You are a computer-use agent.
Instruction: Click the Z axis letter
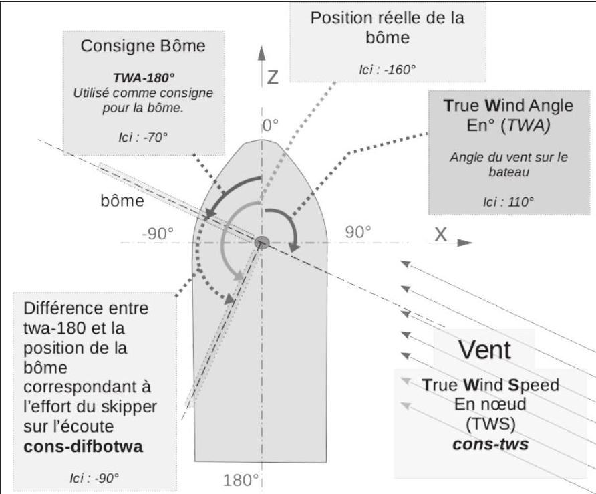(x=273, y=77)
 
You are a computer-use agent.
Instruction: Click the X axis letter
(x=440, y=234)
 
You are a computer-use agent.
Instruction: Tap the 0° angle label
(x=271, y=125)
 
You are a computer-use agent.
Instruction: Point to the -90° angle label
(x=158, y=233)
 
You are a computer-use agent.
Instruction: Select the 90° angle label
(x=358, y=232)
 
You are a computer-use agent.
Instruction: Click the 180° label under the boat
(x=241, y=480)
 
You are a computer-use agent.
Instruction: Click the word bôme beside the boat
(x=122, y=201)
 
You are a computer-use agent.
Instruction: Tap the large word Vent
(x=484, y=349)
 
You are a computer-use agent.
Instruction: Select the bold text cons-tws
(x=490, y=444)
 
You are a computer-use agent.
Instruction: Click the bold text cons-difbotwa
(x=84, y=446)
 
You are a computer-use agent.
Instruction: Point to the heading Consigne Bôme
(x=143, y=46)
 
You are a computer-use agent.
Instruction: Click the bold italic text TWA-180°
(x=144, y=78)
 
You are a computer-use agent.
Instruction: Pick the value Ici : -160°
(x=388, y=70)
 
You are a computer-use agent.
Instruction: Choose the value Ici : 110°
(x=508, y=202)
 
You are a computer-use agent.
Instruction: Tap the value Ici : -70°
(x=143, y=137)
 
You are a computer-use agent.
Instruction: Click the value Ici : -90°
(x=94, y=478)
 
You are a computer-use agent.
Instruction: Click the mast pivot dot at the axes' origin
(x=262, y=242)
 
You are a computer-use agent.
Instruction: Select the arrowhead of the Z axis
(x=261, y=53)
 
